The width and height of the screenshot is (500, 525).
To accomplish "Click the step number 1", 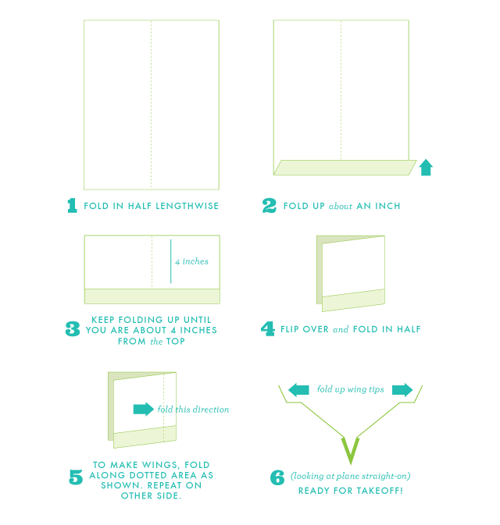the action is coord(72,206).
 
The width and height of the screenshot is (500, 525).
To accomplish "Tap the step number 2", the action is coord(270,206).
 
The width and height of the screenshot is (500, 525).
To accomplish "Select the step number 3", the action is coord(73,328).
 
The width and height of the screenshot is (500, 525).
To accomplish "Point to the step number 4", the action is coord(268,328).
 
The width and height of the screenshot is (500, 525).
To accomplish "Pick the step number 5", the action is coord(76,477).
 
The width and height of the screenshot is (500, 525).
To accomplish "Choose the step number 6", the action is coord(277,477).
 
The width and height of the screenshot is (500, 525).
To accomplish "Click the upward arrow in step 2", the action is coord(426,168).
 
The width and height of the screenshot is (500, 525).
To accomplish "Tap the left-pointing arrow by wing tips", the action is coord(298,390).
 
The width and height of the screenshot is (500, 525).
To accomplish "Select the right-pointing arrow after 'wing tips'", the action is coord(402,390).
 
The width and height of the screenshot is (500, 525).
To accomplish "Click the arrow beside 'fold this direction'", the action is coord(144,409).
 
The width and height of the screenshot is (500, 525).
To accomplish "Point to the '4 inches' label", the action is coord(192,261).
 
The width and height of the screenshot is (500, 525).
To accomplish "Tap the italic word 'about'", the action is coord(341,206).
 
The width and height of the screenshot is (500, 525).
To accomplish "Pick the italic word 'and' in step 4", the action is coord(341,329).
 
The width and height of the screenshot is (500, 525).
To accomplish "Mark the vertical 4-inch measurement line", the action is coord(170,261).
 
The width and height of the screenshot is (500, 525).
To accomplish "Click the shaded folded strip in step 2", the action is coord(345,168).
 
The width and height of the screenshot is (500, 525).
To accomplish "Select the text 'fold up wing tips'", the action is coord(351,389).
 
